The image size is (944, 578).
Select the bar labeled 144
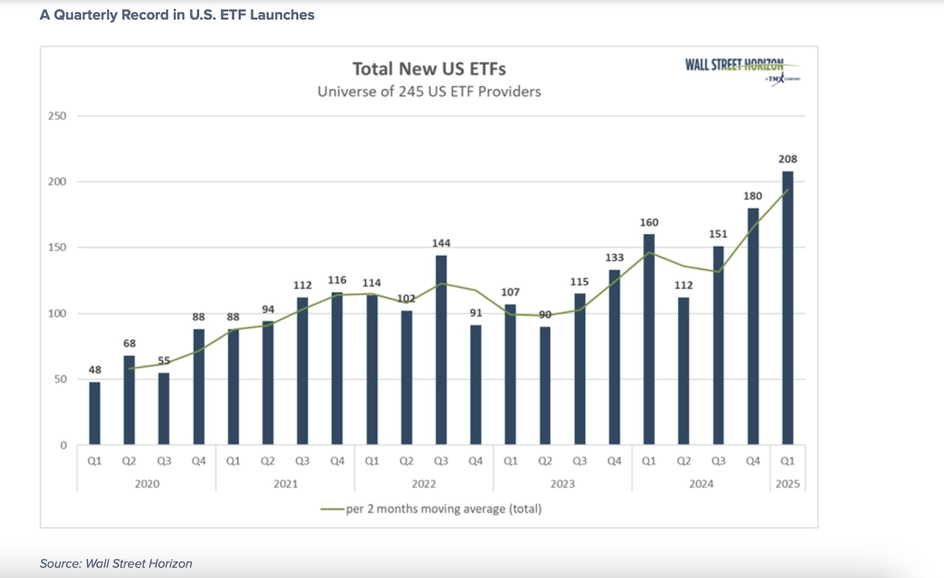[x=441, y=350]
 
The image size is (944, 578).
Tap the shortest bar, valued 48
[x=94, y=414]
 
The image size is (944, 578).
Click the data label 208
[x=788, y=159]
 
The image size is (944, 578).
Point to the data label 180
[x=753, y=196]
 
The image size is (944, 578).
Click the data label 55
[x=164, y=361]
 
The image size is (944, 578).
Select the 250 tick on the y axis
[x=58, y=116]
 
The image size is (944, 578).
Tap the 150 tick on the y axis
[x=58, y=248]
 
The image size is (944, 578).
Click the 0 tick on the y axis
[x=63, y=445]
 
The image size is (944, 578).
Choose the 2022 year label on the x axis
[x=423, y=484]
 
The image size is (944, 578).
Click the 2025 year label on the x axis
[x=788, y=484]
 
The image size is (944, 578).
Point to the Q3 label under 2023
[x=580, y=462]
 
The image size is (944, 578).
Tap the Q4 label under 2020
[x=198, y=462]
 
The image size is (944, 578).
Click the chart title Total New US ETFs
[x=429, y=69]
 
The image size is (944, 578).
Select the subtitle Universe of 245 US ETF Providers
[x=429, y=91]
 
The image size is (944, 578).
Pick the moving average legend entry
[x=431, y=509]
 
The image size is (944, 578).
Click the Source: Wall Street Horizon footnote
[x=116, y=563]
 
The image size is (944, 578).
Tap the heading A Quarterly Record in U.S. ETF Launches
[x=177, y=15]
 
